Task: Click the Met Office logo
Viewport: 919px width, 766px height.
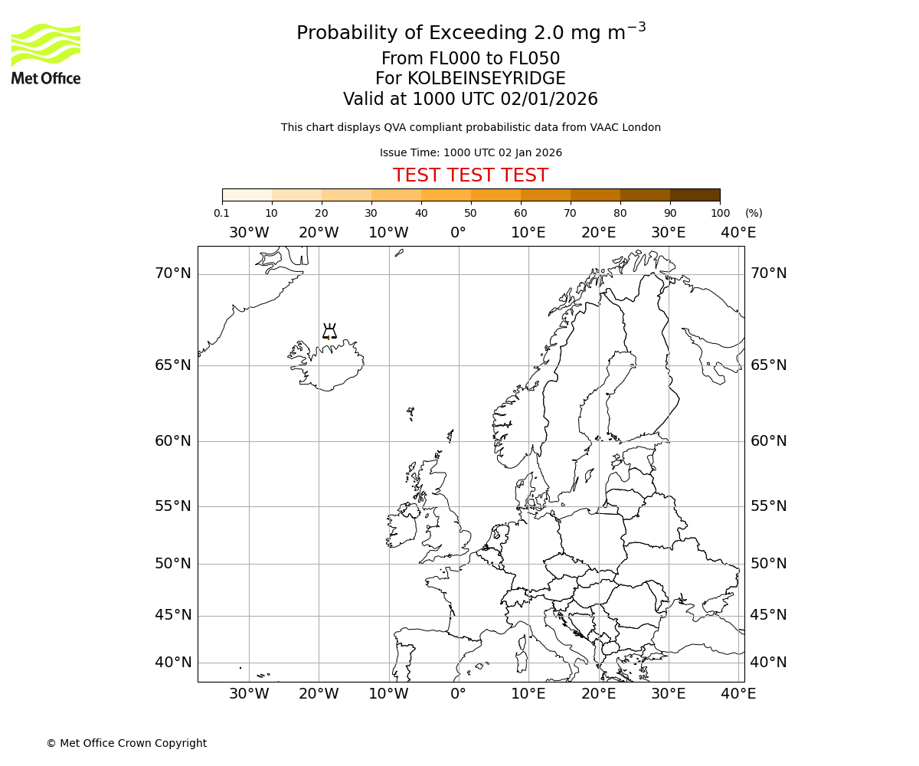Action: tap(46, 54)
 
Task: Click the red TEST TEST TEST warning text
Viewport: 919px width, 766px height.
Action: tap(470, 175)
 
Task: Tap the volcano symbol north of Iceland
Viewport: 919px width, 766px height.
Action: tap(329, 332)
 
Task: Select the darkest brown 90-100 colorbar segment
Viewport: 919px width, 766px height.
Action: tap(695, 195)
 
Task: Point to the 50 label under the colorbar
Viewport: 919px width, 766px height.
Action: tap(470, 213)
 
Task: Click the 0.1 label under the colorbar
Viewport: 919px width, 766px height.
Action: tap(221, 213)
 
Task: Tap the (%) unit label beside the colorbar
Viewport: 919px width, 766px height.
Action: tap(754, 213)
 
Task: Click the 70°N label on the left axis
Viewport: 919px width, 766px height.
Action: tap(173, 273)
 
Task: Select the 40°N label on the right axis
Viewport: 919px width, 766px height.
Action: tap(768, 663)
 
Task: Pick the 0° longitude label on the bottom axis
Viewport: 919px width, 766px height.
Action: tap(458, 694)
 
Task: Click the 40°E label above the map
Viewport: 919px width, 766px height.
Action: tap(738, 233)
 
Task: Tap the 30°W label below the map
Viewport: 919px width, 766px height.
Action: tap(249, 694)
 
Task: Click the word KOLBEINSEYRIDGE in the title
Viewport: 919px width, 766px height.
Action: tap(486, 79)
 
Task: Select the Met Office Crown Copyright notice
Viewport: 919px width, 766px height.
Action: tap(126, 743)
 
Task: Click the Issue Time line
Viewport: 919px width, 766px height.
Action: tap(470, 152)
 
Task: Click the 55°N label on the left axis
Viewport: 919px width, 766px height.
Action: tap(173, 506)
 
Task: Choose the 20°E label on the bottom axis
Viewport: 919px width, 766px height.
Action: tap(598, 694)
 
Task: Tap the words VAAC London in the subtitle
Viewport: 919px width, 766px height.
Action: tap(627, 127)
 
